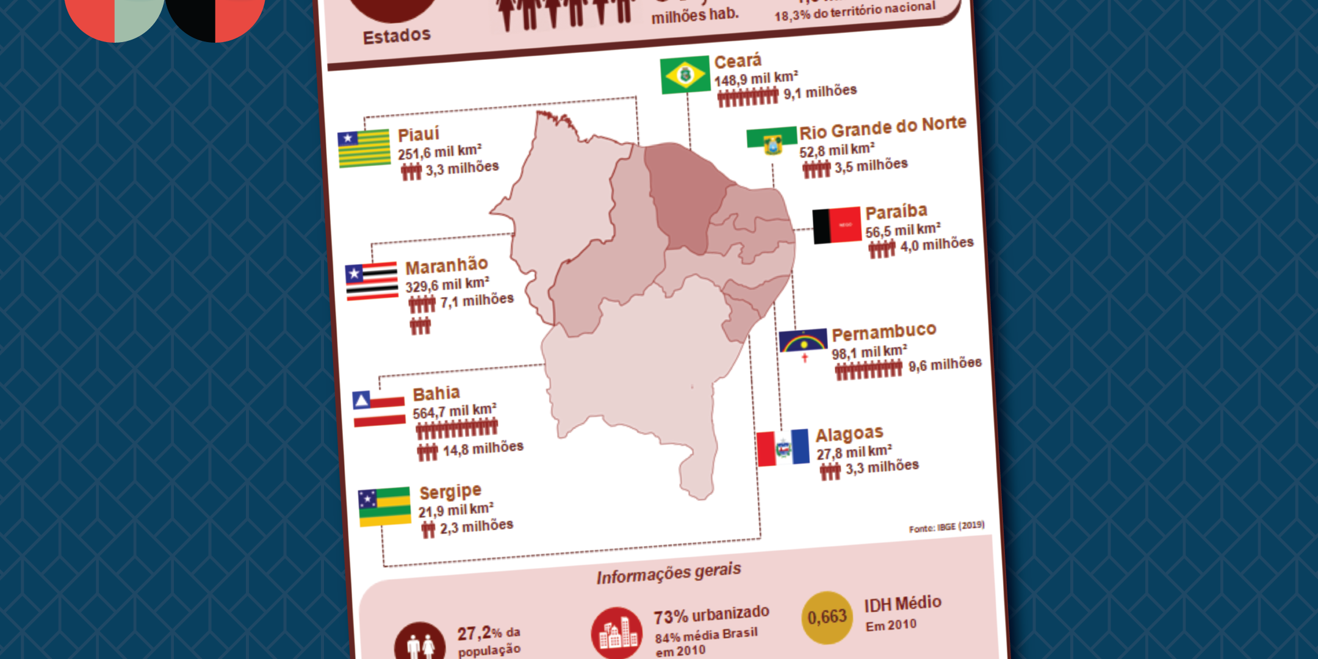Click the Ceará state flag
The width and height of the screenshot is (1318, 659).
685,75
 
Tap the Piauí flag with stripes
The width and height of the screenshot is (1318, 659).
364,148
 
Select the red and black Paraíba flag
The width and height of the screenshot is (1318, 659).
837,226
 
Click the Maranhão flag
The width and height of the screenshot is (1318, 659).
372,281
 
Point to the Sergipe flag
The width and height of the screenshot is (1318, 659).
384,506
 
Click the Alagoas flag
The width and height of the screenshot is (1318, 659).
783,448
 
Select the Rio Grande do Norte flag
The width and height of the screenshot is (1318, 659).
771,140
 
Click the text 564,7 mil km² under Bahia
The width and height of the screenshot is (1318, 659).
455,411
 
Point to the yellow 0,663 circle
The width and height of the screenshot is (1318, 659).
827,618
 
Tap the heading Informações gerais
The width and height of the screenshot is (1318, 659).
669,574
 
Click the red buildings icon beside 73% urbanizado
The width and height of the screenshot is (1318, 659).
617,633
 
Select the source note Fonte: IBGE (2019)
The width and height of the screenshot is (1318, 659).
946,527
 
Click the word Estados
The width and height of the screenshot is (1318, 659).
397,36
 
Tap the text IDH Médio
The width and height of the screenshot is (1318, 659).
902,603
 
